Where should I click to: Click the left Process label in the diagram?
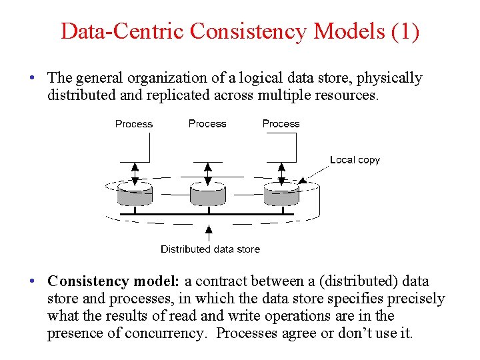click(x=134, y=124)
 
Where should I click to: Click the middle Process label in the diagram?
click(x=207, y=123)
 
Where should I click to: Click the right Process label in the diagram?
click(x=281, y=123)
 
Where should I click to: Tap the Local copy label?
click(x=355, y=160)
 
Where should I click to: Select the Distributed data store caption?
click(x=210, y=249)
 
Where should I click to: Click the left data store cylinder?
click(x=135, y=195)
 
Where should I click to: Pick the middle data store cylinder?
click(x=207, y=195)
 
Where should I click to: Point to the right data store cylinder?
click(x=281, y=195)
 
